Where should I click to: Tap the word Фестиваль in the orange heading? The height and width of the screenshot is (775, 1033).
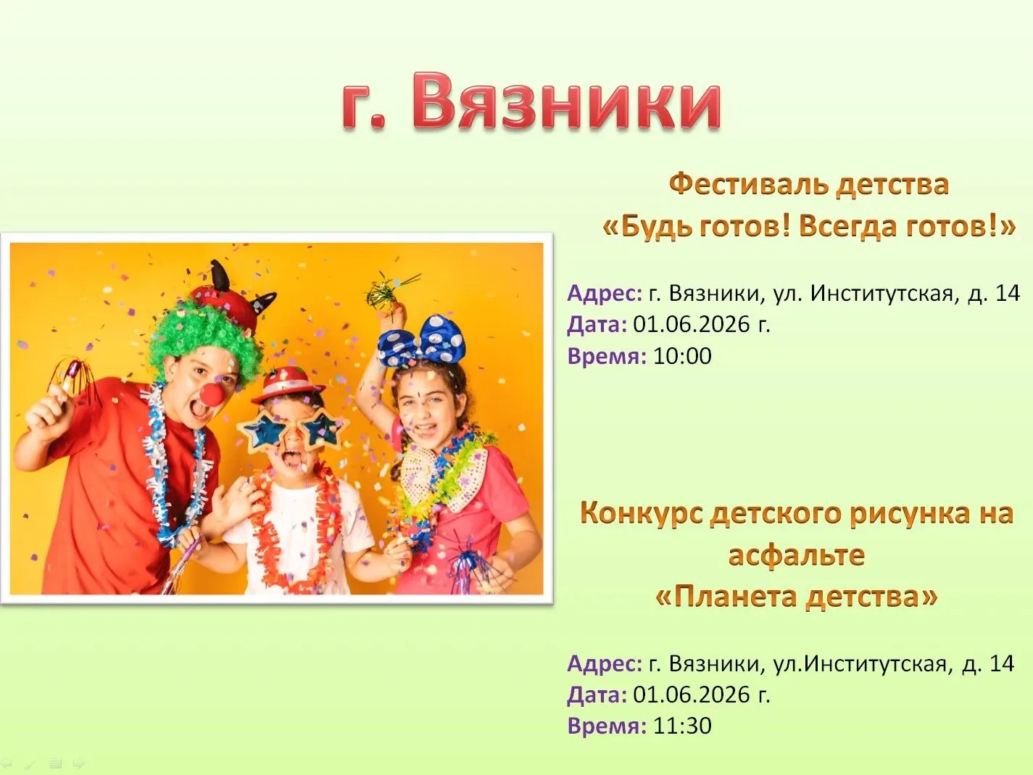point(748,185)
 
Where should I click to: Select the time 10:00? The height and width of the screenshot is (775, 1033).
point(682,356)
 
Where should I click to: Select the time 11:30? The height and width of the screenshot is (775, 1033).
point(682,725)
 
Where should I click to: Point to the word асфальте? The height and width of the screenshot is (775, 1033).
point(796,555)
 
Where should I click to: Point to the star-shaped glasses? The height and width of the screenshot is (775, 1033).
point(293,430)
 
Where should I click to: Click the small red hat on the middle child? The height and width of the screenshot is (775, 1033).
point(288,385)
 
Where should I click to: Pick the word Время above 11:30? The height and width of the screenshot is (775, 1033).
point(606,725)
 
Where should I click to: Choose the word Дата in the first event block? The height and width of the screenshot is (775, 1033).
point(597,324)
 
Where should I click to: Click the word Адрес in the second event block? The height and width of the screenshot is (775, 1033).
point(605,664)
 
